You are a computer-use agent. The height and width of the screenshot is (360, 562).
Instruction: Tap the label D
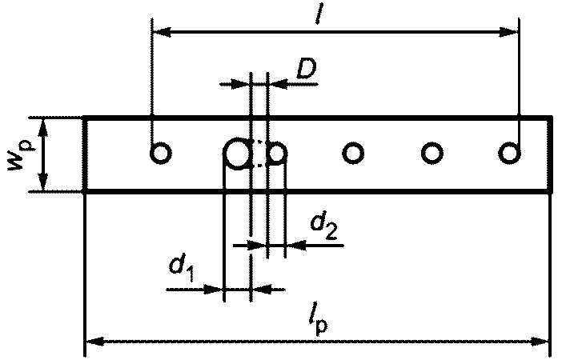click(305, 70)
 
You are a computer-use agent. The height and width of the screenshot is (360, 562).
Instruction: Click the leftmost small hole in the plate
click(161, 152)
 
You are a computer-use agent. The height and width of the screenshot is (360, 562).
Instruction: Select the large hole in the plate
click(237, 152)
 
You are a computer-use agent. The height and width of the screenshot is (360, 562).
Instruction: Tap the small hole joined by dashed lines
click(277, 152)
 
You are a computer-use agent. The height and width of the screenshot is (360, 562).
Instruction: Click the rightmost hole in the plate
click(509, 152)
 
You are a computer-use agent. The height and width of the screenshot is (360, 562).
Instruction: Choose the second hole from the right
click(432, 152)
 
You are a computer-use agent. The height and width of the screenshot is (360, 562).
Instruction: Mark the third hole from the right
click(353, 152)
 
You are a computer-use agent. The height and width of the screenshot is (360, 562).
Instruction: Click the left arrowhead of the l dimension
click(159, 33)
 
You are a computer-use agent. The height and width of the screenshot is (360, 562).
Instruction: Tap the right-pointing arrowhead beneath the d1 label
click(215, 288)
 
